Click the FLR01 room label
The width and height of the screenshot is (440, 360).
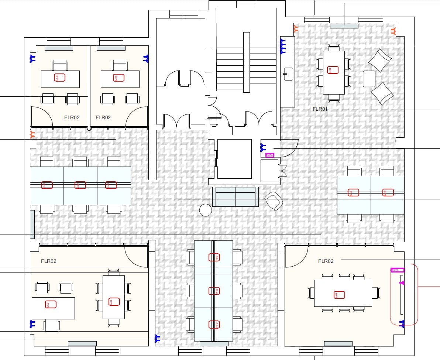coord(320,109)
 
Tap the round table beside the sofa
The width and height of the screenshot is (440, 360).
coord(206,210)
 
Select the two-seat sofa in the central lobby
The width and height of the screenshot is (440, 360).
coord(236,197)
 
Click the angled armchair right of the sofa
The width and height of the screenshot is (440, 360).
coord(274,201)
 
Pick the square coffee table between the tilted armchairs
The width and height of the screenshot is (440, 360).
coord(369,79)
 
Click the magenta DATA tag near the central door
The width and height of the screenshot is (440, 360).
coord(270,155)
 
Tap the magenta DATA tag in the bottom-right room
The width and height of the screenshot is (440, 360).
coord(398,270)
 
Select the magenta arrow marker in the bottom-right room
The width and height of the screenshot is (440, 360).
coord(402,283)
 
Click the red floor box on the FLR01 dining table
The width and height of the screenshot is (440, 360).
coord(333,70)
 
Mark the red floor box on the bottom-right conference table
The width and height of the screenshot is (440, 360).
coord(340,295)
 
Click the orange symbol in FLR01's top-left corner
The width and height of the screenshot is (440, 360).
coord(296,28)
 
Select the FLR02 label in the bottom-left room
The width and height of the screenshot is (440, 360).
coord(48,261)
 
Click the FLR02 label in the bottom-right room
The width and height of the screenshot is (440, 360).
coord(326,261)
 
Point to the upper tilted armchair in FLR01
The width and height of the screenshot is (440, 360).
coord(380,60)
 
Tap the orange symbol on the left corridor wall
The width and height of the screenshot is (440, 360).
coord(32,134)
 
